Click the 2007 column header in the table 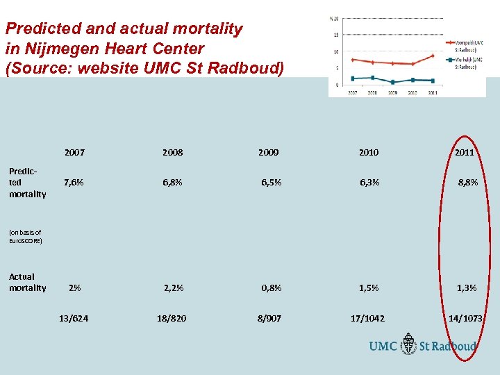pyautogui.click(x=74, y=152)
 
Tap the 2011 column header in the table pyautogui.click(x=464, y=152)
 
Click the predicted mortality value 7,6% pyautogui.click(x=74, y=183)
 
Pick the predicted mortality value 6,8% pyautogui.click(x=172, y=183)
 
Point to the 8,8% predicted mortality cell pyautogui.click(x=467, y=183)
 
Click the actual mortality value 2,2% pyautogui.click(x=174, y=287)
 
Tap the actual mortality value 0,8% pyautogui.click(x=271, y=287)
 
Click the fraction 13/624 pyautogui.click(x=74, y=318)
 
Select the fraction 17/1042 pyautogui.click(x=368, y=318)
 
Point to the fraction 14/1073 pyautogui.click(x=465, y=318)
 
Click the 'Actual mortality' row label pyautogui.click(x=27, y=282)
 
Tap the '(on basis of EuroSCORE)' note pyautogui.click(x=26, y=237)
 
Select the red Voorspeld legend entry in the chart pyautogui.click(x=469, y=45)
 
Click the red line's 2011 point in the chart pyautogui.click(x=433, y=56)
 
